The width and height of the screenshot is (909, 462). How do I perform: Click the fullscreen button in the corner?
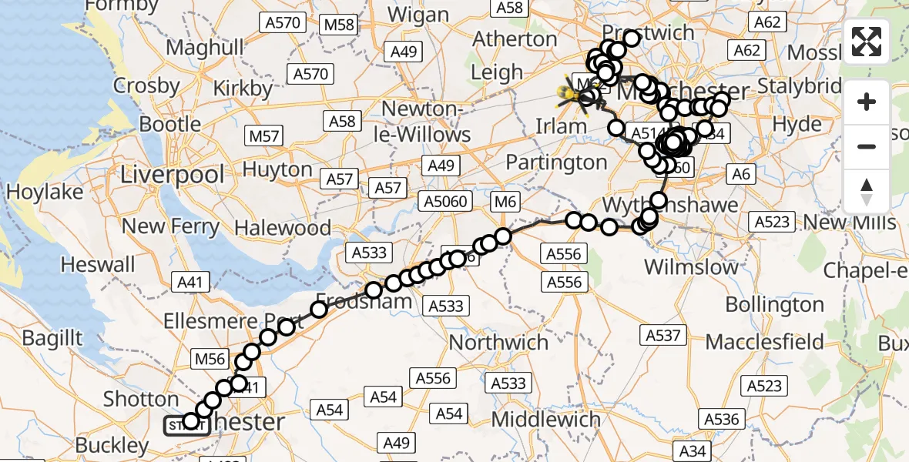[x=867, y=42]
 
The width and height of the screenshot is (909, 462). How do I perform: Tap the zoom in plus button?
[x=867, y=102]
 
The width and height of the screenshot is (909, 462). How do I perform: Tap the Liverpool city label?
[x=172, y=174]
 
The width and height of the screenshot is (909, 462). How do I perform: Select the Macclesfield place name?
[x=764, y=341]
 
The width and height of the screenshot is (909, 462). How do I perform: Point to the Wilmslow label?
[x=691, y=267]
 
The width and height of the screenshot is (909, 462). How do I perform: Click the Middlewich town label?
[x=546, y=420]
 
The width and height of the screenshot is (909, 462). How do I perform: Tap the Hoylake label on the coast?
[x=45, y=192]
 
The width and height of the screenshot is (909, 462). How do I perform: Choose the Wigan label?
[x=419, y=15]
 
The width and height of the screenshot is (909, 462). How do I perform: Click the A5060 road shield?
[x=443, y=202]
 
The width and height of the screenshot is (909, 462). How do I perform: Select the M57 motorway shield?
[x=264, y=136]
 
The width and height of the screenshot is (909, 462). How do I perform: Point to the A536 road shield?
[x=721, y=420]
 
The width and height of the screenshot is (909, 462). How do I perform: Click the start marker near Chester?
[x=185, y=424]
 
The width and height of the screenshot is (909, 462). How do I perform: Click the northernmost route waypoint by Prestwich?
[x=632, y=38]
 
